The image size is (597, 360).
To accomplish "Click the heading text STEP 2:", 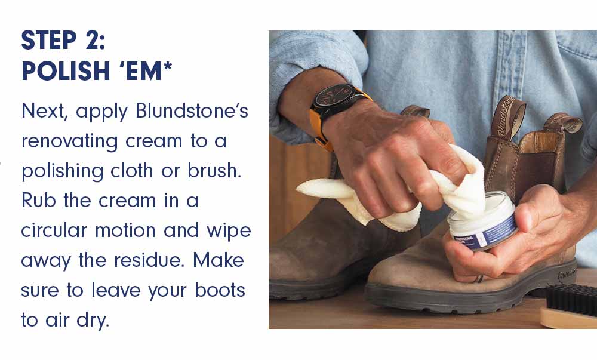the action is pos(63,41).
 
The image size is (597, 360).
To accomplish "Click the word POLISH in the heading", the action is pos(66,71).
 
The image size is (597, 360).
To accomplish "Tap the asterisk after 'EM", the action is pos(168,67).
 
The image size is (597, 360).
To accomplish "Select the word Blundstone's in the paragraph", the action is pos(192,111).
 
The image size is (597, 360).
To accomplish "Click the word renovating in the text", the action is pos(69,141).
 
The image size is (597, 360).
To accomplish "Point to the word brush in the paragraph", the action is pos(214,171).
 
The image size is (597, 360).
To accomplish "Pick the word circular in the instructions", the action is pos(54,230).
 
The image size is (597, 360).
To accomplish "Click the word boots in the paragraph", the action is pos(220,290).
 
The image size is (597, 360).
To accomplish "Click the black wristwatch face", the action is pos(334,99).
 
